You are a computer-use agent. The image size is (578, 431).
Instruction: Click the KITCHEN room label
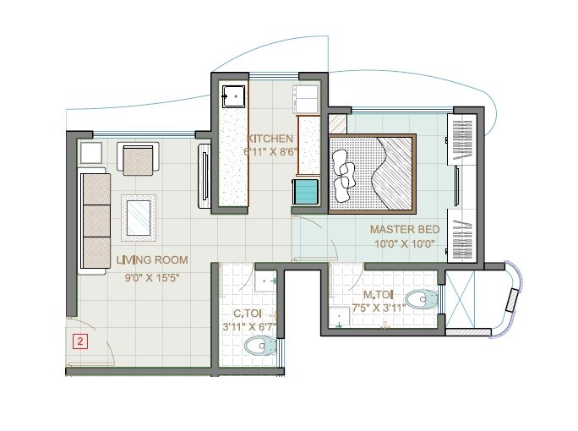click(x=270, y=139)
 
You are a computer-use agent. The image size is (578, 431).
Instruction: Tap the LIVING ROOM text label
click(x=152, y=259)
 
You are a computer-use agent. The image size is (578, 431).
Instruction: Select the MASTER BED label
click(x=402, y=229)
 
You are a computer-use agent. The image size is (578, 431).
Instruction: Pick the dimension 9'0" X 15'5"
click(x=152, y=276)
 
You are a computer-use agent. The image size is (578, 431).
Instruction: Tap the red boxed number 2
click(x=79, y=342)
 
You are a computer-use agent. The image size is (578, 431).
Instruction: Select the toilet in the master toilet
click(x=420, y=298)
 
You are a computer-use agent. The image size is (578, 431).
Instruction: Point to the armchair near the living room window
click(x=139, y=158)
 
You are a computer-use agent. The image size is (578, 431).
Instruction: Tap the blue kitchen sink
click(x=305, y=191)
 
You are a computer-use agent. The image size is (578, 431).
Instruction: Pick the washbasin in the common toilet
click(x=269, y=281)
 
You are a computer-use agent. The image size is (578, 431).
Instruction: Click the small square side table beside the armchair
click(x=90, y=153)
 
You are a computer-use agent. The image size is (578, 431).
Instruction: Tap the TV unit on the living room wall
click(x=204, y=176)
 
